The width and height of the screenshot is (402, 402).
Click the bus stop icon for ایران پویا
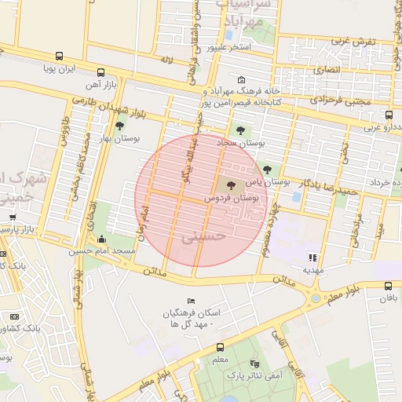60,57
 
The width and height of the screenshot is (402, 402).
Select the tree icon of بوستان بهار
119,126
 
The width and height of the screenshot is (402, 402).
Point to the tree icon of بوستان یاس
267,169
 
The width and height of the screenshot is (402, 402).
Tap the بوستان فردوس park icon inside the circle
231,186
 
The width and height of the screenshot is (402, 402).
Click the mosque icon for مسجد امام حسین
101,239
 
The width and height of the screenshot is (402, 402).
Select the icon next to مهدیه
312,257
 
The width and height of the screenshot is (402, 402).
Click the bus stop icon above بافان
388,287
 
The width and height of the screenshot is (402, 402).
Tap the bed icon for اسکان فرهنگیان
192,301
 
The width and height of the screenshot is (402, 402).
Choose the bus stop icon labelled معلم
220,347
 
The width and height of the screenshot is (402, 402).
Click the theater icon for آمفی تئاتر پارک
254,364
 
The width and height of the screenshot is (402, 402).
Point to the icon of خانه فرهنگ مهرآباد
240,79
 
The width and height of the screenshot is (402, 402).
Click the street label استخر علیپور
229,48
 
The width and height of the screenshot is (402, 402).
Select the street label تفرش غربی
353,41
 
